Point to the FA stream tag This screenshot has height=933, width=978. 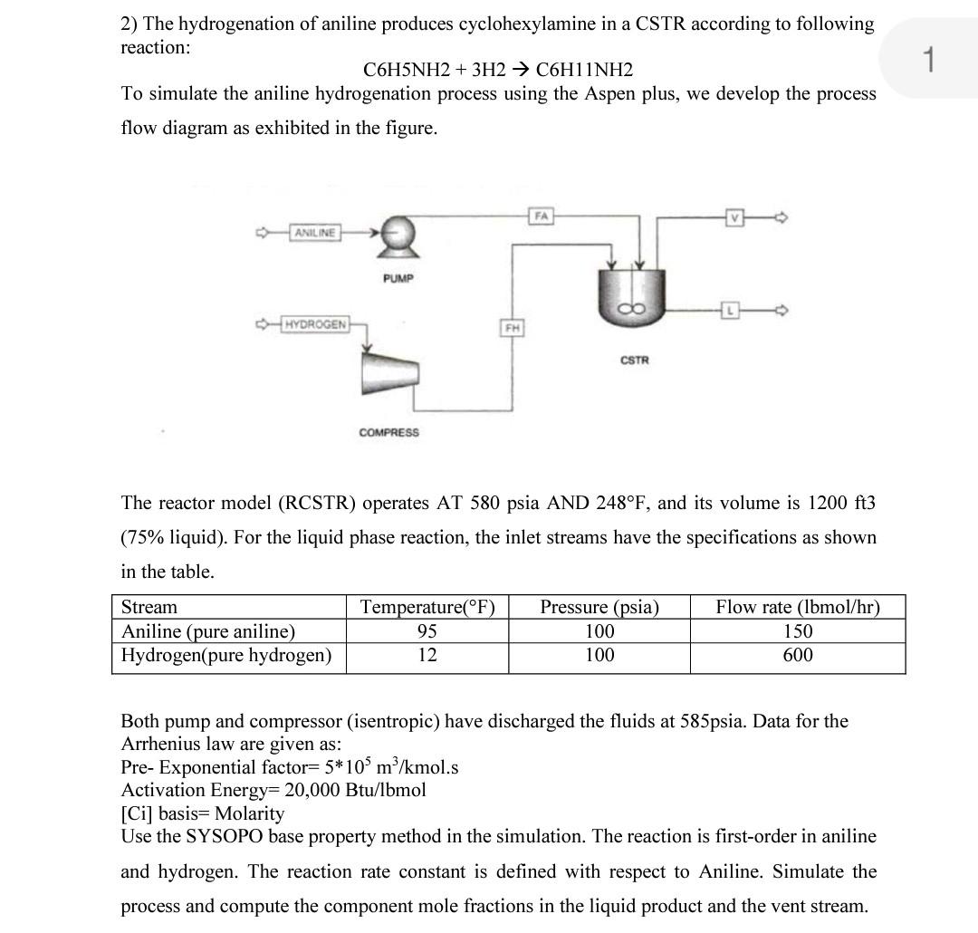(542, 216)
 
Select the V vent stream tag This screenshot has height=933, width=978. (734, 217)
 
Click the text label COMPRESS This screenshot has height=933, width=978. (389, 433)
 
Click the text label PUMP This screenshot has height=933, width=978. (398, 278)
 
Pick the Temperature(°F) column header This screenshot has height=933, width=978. (427, 607)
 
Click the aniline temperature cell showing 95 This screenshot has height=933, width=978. (427, 631)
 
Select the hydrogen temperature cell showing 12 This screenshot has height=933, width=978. (427, 655)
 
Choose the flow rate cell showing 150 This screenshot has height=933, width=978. (798, 631)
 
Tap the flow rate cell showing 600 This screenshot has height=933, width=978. (798, 655)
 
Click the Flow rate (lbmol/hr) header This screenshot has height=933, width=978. (798, 607)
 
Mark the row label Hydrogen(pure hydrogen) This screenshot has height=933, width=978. (227, 655)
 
